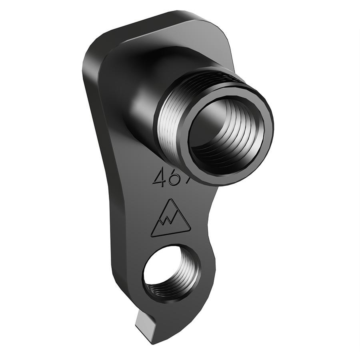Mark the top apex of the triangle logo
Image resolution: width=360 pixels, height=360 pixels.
click(172, 200)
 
